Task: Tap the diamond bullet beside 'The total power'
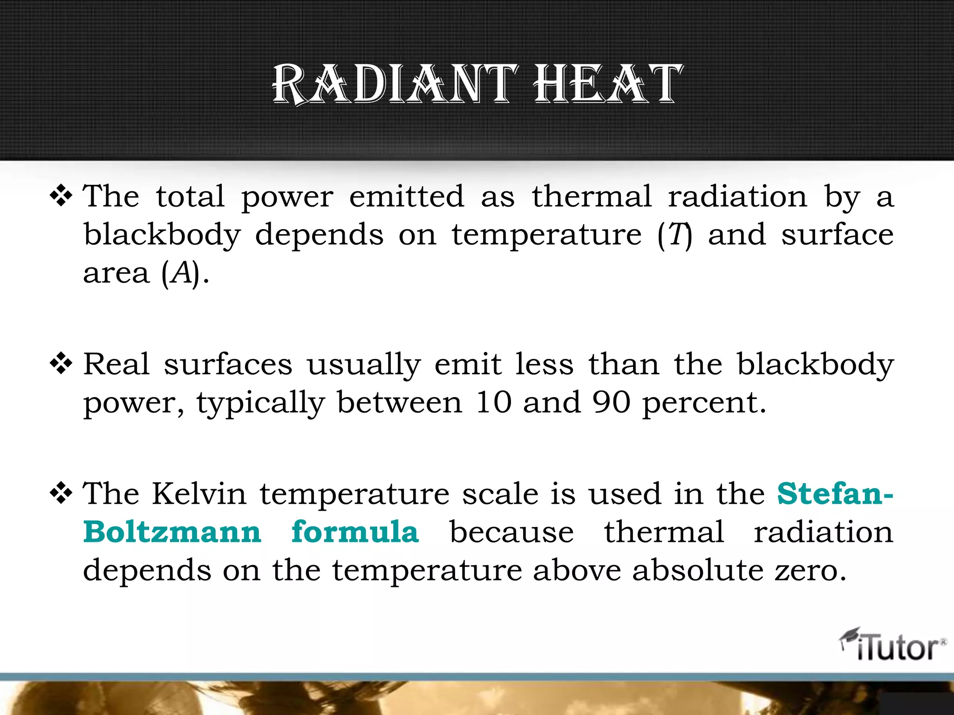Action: coord(61,196)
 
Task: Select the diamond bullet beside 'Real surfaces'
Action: coord(61,364)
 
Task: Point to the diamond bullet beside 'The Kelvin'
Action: coord(61,494)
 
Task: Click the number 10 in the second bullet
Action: coord(494,402)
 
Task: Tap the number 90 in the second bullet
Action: coord(611,402)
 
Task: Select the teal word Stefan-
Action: coord(835,493)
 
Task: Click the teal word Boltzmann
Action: coord(172,532)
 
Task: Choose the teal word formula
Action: coord(355,532)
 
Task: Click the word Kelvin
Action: coord(199,493)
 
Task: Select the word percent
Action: coord(704,403)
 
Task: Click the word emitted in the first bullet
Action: coord(407,196)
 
